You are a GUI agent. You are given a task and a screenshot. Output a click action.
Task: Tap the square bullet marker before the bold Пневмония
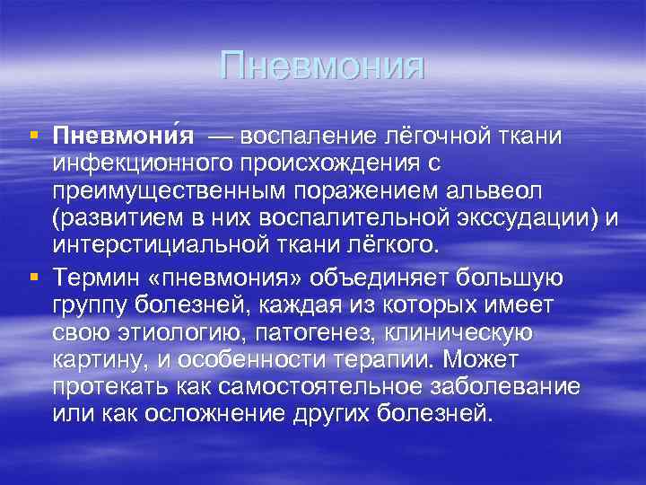pos(33,135)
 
